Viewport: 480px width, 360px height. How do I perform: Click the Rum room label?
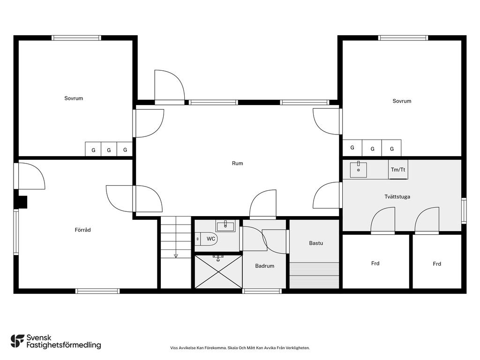click(237, 164)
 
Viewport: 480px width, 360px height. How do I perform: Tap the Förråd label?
click(82, 230)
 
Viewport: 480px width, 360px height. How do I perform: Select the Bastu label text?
click(316, 243)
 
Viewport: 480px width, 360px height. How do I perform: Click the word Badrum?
click(264, 266)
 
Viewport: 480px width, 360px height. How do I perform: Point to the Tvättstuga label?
click(397, 196)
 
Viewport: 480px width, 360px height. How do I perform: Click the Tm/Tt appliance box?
click(398, 169)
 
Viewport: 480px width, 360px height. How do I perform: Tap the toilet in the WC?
click(206, 239)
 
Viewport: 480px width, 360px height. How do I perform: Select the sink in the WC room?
click(225, 226)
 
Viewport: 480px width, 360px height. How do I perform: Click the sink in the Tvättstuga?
click(358, 169)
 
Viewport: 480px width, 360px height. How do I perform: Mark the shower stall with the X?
click(218, 272)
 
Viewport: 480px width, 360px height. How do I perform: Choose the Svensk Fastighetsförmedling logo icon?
click(17, 341)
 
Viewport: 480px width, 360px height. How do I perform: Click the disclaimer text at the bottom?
click(240, 348)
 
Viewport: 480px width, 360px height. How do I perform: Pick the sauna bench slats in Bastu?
click(315, 275)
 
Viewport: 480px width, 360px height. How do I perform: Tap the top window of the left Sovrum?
click(76, 38)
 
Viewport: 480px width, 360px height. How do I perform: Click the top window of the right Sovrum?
click(403, 38)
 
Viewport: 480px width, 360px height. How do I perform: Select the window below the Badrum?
click(262, 291)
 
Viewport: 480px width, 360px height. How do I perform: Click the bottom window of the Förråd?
click(97, 291)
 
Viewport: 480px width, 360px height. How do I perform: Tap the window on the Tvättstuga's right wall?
click(464, 210)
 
